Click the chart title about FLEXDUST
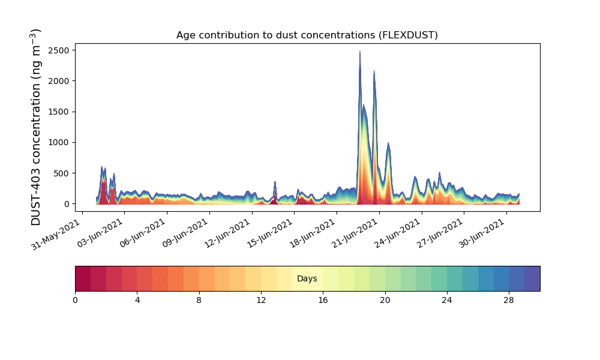(x=307, y=35)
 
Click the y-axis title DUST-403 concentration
(x=37, y=127)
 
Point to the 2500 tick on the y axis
(x=59, y=49)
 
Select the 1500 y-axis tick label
(x=59, y=112)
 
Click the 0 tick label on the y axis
(x=68, y=204)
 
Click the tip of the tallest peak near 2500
(x=360, y=52)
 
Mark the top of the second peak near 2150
(x=374, y=71)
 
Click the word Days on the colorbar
(x=307, y=279)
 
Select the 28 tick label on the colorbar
(x=509, y=300)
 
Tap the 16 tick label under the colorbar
(x=323, y=300)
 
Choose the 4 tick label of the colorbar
(x=137, y=300)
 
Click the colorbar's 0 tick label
(x=75, y=300)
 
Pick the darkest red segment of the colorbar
(x=83, y=278)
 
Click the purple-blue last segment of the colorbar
(x=532, y=278)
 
